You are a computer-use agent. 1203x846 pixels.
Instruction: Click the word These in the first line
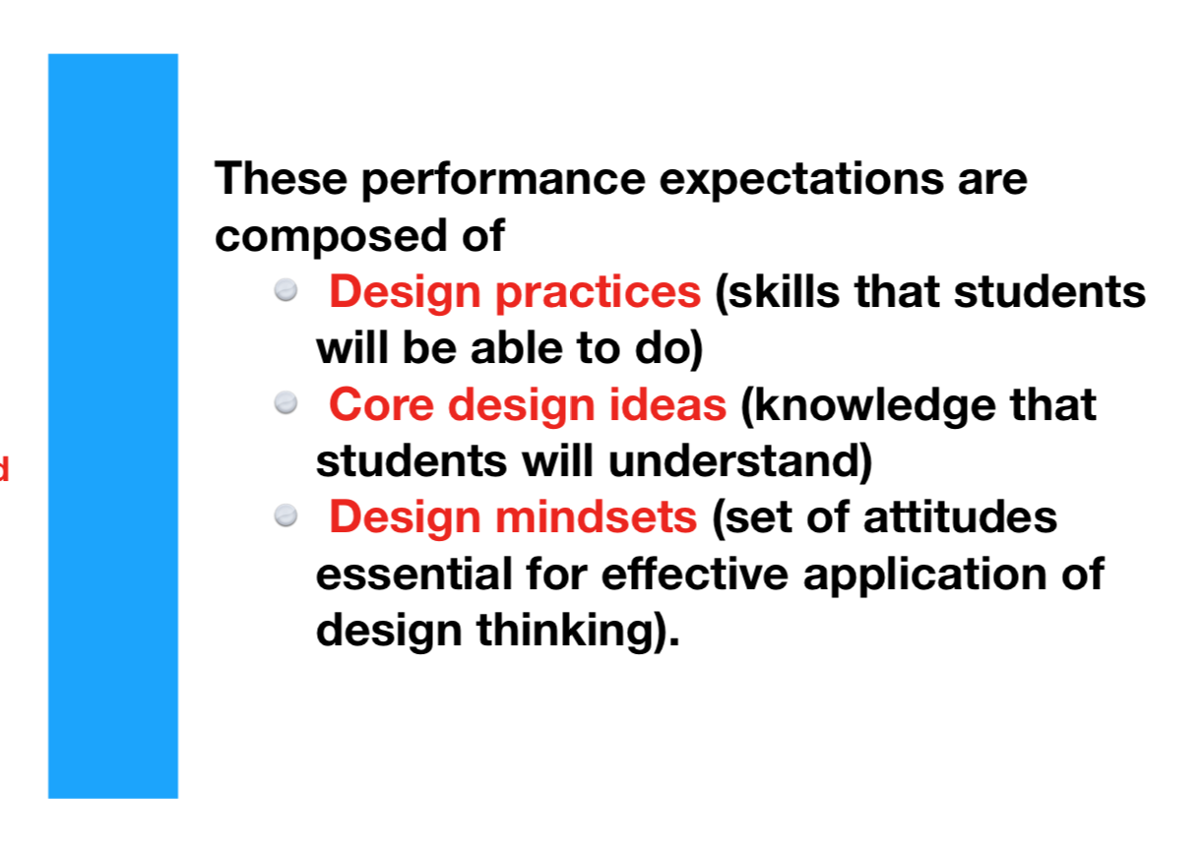tap(281, 178)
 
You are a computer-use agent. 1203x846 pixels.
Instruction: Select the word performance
tap(503, 180)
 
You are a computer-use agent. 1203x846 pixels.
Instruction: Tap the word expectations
tap(800, 180)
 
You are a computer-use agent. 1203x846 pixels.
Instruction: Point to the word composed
tap(331, 237)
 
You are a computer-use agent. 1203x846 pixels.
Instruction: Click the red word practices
tap(598, 293)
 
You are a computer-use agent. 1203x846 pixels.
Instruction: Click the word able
tap(517, 348)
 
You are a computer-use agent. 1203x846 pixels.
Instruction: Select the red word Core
tap(381, 404)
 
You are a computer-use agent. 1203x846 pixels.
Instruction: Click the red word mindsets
tap(597, 516)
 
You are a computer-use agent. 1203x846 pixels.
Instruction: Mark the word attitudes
tap(960, 516)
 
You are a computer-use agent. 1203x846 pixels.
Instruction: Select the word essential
tap(414, 574)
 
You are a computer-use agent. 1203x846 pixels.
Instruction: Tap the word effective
tap(694, 574)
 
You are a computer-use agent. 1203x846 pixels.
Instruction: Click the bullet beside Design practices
tap(285, 290)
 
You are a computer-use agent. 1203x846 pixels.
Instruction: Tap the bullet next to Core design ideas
tap(285, 402)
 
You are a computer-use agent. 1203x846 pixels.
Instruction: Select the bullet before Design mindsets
tap(285, 515)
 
